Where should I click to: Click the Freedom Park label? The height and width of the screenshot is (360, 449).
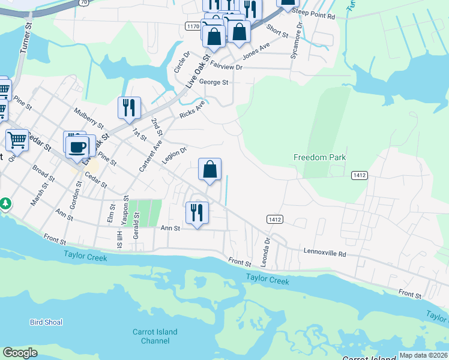click(x=319, y=157)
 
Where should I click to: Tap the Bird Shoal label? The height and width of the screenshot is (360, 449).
click(x=46, y=322)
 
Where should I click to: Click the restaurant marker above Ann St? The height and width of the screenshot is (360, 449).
click(x=197, y=212)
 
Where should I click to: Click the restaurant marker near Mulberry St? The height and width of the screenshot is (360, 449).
click(x=129, y=108)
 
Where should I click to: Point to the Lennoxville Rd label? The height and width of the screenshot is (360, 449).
click(x=325, y=253)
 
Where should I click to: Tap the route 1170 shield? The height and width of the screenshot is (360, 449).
click(x=193, y=26)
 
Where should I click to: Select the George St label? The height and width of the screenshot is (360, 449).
click(x=214, y=82)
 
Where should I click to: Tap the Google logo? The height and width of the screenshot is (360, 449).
click(x=20, y=353)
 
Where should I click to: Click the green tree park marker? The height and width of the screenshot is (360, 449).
click(x=5, y=204)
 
